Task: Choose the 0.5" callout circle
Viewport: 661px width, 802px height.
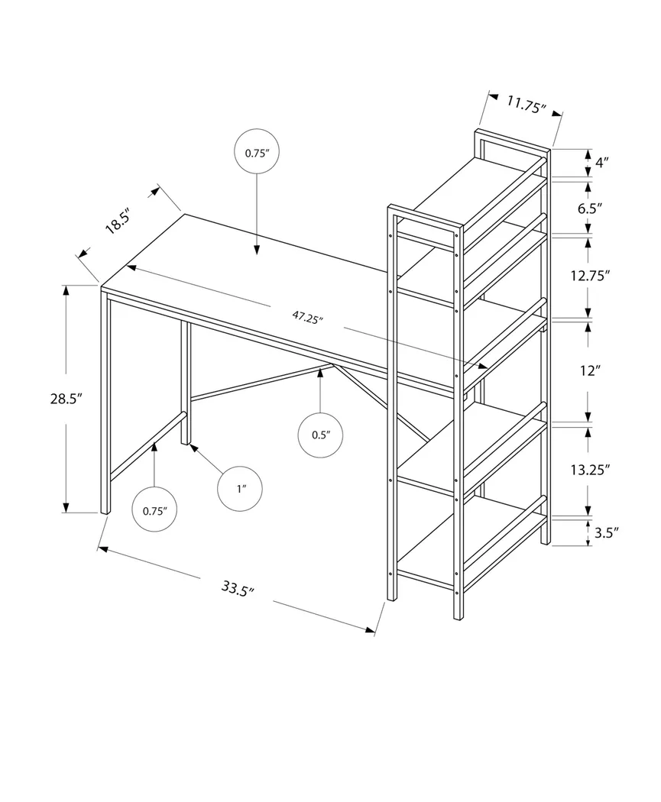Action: point(320,435)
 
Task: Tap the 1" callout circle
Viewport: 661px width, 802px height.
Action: point(241,487)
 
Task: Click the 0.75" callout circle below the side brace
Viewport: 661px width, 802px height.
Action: point(154,511)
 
